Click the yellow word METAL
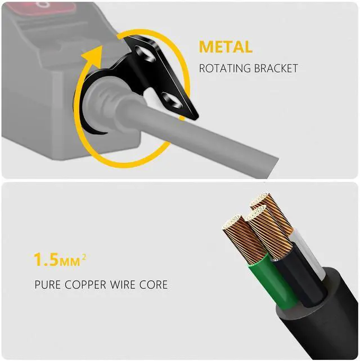(x=225, y=47)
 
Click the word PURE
(x=47, y=285)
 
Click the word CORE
(x=155, y=285)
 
